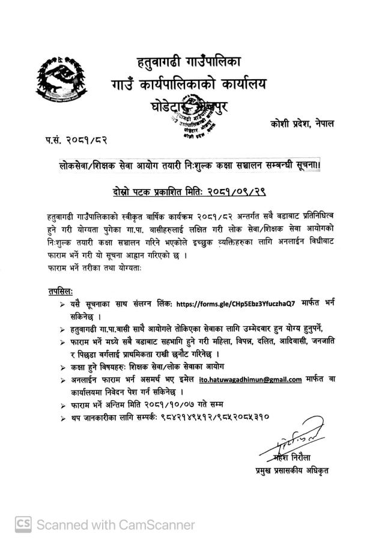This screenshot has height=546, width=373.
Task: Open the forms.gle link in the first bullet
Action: [233, 305]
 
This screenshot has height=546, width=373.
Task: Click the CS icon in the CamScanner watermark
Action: [23, 524]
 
